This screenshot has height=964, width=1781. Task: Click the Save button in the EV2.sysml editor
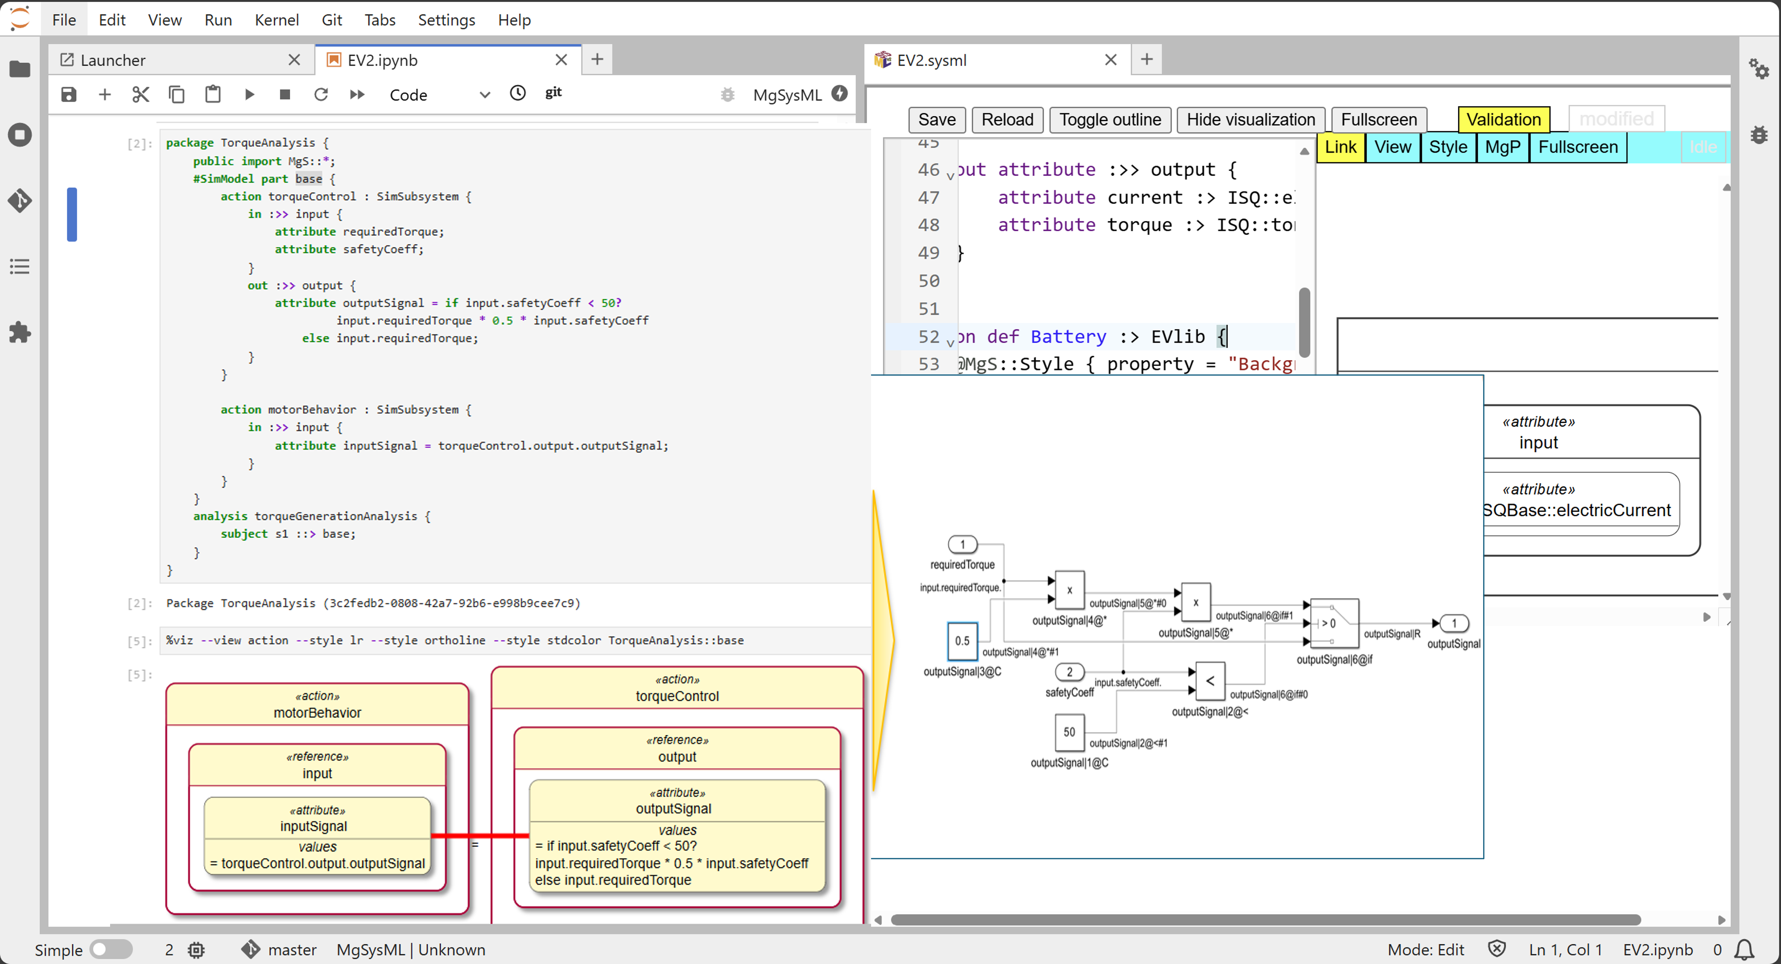936,119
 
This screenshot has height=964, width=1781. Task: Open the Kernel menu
276,20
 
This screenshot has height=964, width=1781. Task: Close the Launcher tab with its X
294,60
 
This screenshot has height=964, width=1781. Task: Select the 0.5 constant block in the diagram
962,641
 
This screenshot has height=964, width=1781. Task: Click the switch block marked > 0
1334,623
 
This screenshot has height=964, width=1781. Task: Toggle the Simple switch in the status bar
111,949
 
